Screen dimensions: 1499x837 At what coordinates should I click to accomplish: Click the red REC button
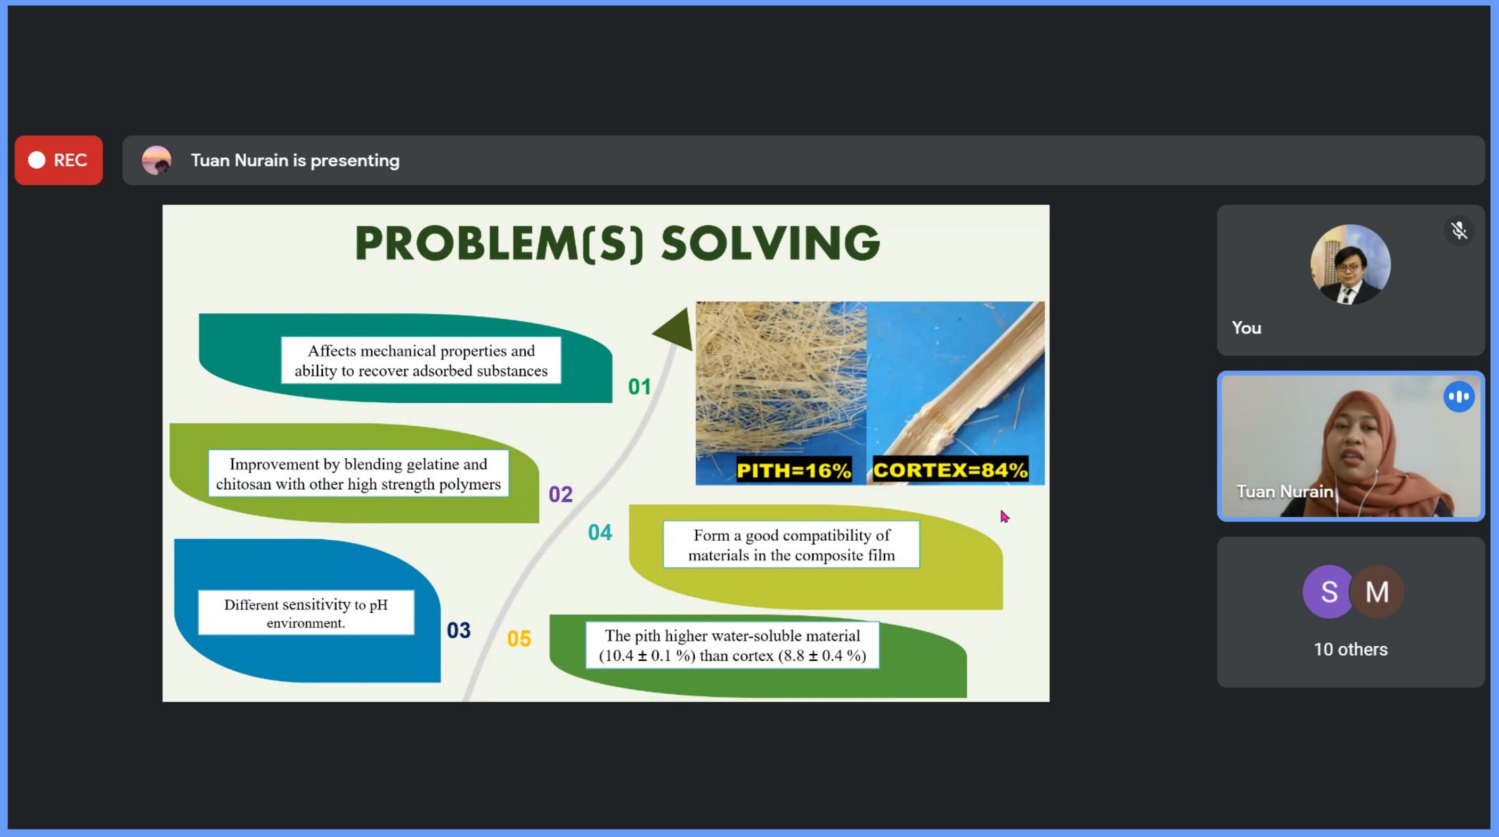(x=59, y=160)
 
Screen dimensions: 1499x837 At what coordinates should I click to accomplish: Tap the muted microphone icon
(x=1459, y=231)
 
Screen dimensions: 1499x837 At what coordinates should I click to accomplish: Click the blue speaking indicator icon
(x=1459, y=397)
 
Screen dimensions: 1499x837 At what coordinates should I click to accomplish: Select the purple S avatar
(x=1329, y=591)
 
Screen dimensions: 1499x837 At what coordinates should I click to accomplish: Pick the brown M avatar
(x=1377, y=591)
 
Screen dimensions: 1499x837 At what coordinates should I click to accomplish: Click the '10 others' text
(x=1350, y=649)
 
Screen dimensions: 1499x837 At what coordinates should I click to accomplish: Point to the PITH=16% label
(x=794, y=470)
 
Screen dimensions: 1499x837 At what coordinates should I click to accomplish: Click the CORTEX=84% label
(x=950, y=469)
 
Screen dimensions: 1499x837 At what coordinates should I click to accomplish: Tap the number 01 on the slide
(x=639, y=386)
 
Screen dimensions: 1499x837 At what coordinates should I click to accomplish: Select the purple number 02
(x=560, y=494)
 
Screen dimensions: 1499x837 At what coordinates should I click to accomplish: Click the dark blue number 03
(x=459, y=630)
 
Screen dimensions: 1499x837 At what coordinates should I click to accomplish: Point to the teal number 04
(x=600, y=532)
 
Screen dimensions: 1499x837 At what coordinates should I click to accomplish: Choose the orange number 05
(x=518, y=638)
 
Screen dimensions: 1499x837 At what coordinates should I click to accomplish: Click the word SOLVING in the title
(x=770, y=243)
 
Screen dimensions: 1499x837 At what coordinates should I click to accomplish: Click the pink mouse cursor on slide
(x=1004, y=516)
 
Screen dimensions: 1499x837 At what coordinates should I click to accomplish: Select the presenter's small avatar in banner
(x=157, y=160)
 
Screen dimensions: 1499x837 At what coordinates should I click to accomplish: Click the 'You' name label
(x=1247, y=328)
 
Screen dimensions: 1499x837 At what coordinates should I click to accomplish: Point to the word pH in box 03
(x=378, y=604)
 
